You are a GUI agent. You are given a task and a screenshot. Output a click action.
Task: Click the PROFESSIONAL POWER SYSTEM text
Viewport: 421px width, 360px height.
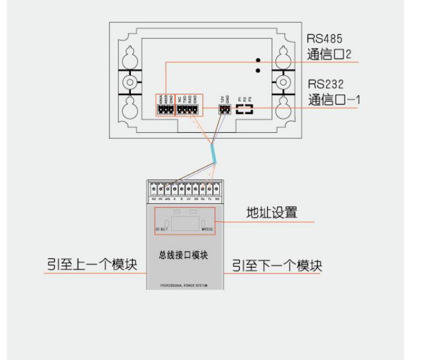(184, 285)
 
